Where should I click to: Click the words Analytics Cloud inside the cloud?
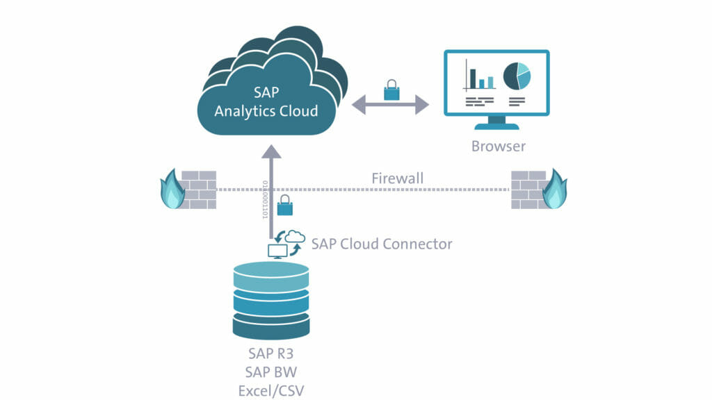click(266, 111)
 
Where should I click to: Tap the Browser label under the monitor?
click(498, 146)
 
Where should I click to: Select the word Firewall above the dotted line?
click(397, 178)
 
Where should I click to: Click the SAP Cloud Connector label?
click(382, 244)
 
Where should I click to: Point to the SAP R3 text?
click(271, 353)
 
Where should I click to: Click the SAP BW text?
click(271, 372)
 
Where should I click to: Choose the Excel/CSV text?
click(271, 390)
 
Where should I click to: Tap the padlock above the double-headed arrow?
click(391, 90)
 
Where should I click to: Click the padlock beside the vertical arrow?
click(284, 205)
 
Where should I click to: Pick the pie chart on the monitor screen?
click(517, 76)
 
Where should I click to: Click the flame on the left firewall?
click(172, 190)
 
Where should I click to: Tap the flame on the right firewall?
click(555, 190)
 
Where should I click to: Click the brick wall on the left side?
click(199, 190)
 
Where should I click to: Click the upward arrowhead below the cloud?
click(271, 152)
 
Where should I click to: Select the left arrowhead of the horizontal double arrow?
click(359, 105)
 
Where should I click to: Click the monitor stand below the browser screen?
click(496, 123)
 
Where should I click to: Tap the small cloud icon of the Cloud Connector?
click(295, 236)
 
